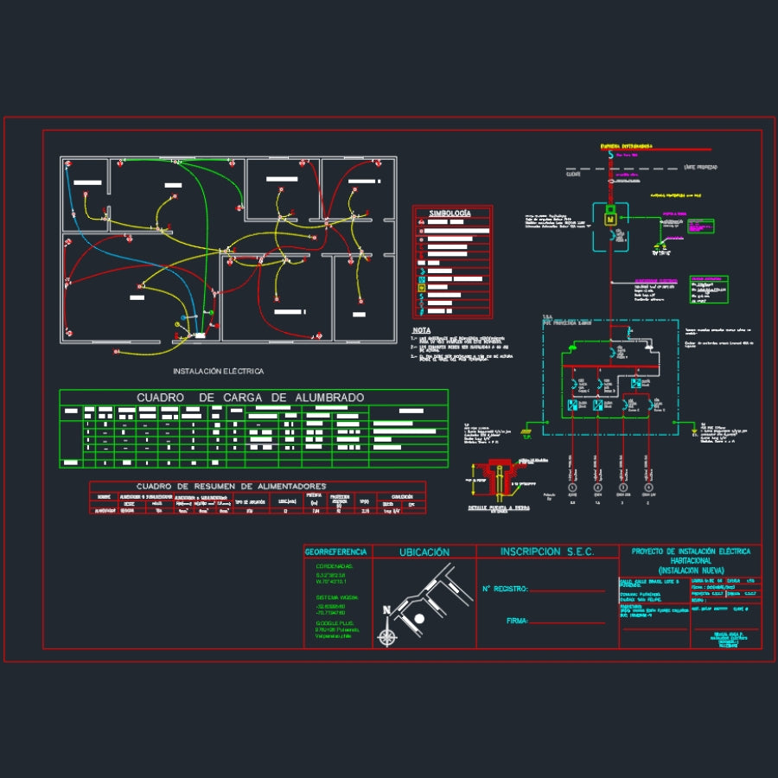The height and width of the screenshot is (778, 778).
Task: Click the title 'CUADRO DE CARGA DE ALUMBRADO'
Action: pos(251,398)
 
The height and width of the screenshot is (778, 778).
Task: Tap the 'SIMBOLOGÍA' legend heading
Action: pos(451,213)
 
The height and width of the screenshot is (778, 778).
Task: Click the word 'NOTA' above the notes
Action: pos(421,330)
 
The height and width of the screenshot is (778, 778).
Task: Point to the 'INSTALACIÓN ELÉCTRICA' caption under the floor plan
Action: pos(219,371)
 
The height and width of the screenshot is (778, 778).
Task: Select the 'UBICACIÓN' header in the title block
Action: pos(424,552)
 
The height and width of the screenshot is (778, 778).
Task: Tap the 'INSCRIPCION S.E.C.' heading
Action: pos(547,552)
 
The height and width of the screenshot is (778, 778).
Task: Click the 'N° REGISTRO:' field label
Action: pos(505,590)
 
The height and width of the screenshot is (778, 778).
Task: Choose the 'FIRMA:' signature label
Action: pos(518,621)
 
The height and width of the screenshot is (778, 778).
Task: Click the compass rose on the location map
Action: pos(388,637)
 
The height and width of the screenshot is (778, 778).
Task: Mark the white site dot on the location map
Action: pos(418,619)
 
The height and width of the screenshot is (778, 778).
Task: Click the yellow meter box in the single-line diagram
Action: pos(609,220)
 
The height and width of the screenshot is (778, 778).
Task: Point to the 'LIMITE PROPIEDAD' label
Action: pos(700,165)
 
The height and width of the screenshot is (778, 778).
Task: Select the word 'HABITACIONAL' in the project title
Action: pos(692,561)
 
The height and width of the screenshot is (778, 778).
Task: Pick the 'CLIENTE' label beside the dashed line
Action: pos(572,174)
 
